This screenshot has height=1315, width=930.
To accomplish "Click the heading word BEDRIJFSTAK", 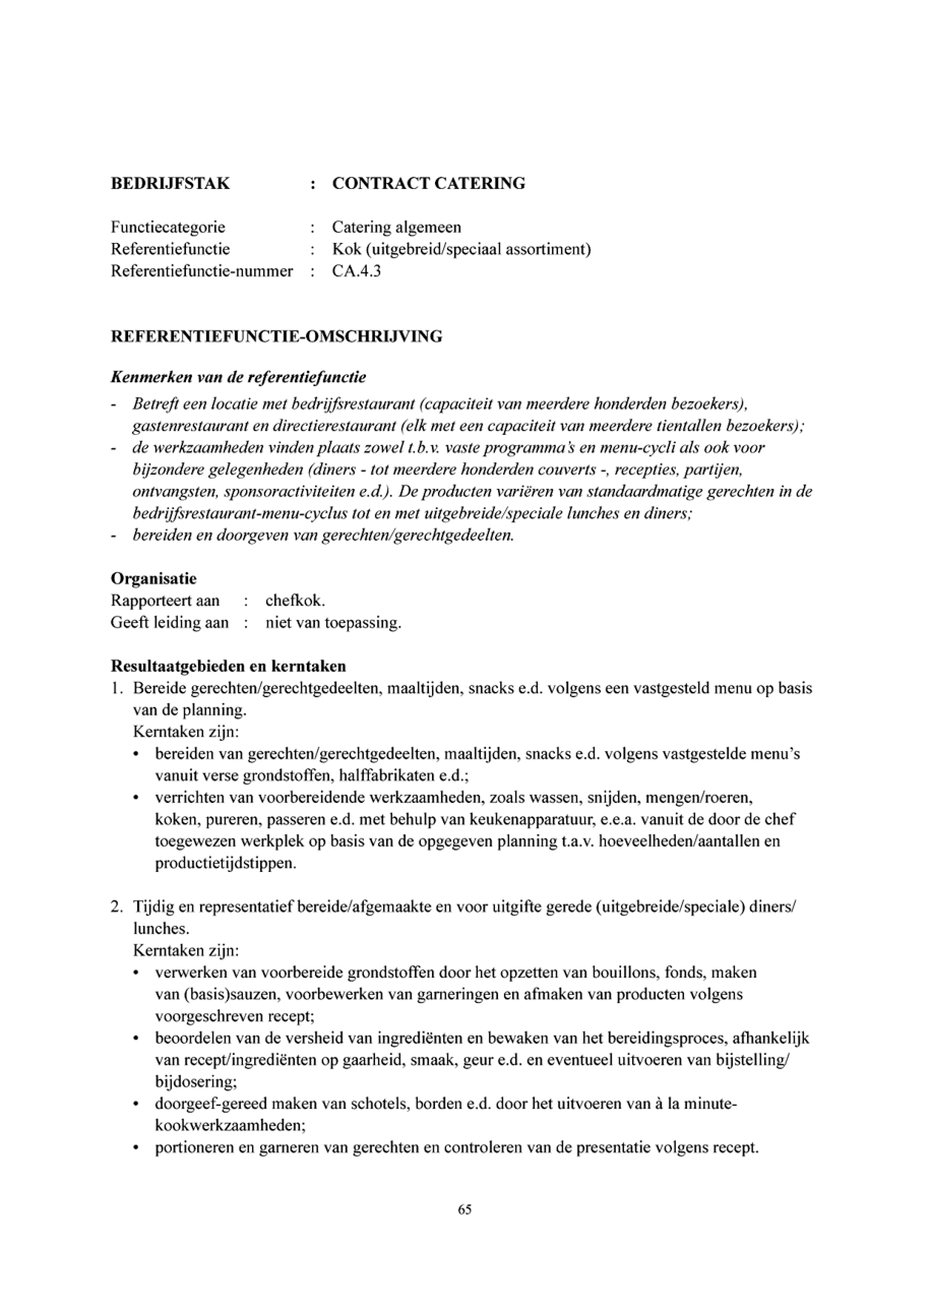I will click(170, 184).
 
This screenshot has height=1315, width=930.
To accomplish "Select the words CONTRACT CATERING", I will click(428, 184).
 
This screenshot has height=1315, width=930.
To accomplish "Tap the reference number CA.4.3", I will click(356, 271).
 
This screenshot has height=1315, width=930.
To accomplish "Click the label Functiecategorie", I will click(168, 227).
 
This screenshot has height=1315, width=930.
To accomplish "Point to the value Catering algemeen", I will click(396, 227).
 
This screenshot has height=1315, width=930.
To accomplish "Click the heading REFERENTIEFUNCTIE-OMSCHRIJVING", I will click(276, 336).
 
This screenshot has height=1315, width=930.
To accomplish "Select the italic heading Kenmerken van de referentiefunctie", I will click(238, 378).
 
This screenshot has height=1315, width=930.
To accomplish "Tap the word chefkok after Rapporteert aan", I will click(295, 601).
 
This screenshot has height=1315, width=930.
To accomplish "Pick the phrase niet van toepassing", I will click(333, 622).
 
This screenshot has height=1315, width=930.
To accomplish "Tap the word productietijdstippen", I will click(226, 863).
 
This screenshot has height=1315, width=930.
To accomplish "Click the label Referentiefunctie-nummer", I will click(202, 271).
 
